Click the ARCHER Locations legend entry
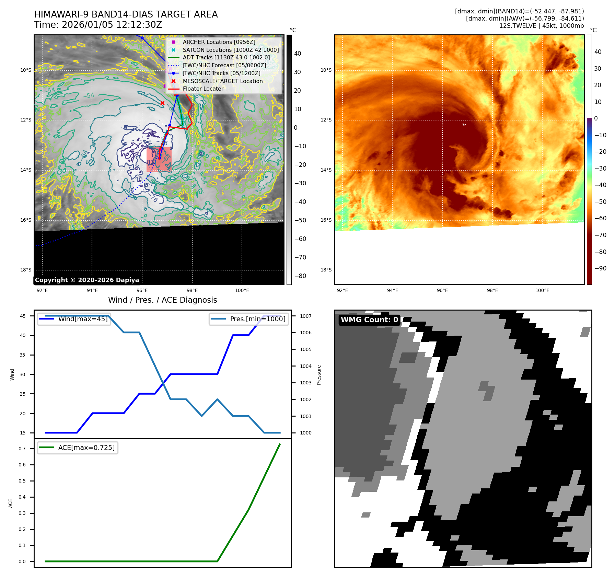point(219,42)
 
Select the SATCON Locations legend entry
point(230,50)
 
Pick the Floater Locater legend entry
point(203,89)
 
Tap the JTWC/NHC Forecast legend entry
point(224,65)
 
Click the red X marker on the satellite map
point(162,103)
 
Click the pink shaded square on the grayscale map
point(159,160)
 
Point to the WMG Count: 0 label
point(369,320)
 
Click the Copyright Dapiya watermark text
point(87,280)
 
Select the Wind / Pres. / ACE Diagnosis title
point(162,300)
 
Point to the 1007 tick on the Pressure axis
point(305,316)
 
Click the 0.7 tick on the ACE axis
point(22,449)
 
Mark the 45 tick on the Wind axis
point(23,316)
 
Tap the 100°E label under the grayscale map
point(242,290)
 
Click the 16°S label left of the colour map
point(326,220)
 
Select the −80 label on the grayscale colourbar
point(300,276)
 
